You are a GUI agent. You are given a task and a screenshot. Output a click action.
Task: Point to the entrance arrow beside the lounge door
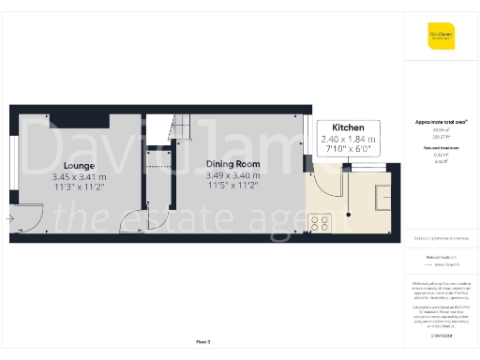pos(9,218)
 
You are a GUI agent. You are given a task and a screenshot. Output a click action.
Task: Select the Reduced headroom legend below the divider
pos(441,256)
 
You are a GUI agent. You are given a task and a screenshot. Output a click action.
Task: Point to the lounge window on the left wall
pos(12,173)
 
